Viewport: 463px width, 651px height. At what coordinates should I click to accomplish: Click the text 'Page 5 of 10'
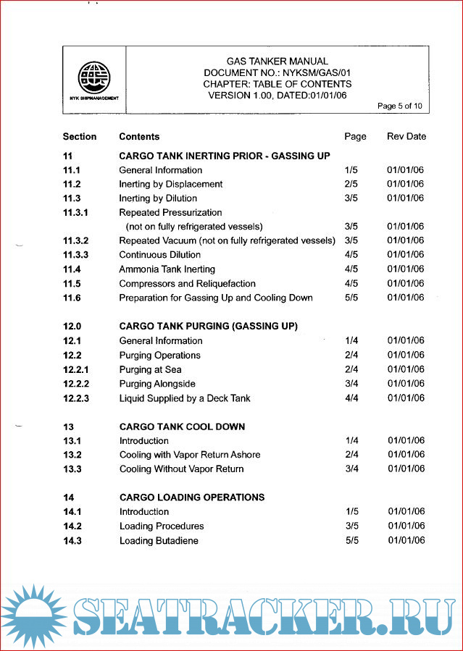tap(400, 106)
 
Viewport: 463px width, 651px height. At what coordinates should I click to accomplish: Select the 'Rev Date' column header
tap(406, 136)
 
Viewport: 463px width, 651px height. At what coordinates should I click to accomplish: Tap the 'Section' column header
tap(80, 136)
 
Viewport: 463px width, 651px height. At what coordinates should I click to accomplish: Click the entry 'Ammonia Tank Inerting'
tap(167, 269)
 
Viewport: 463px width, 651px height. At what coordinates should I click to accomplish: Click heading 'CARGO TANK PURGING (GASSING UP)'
tap(209, 326)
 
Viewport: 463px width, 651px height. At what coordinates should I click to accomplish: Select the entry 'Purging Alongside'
tap(157, 384)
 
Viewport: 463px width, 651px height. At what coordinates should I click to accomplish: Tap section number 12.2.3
tap(76, 398)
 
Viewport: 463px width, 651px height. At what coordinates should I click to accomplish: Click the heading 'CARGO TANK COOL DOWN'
tap(182, 427)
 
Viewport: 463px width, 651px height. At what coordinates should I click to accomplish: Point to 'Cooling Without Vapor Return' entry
tap(181, 469)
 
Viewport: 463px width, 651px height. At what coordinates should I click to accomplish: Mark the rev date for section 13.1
tap(406, 440)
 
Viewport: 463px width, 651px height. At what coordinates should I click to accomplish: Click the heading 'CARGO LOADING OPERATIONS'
tap(192, 497)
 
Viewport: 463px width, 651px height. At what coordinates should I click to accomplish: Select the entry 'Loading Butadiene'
tap(159, 540)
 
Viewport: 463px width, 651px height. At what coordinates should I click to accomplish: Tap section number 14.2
tap(72, 526)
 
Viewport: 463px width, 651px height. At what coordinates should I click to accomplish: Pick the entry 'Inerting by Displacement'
tap(171, 184)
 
